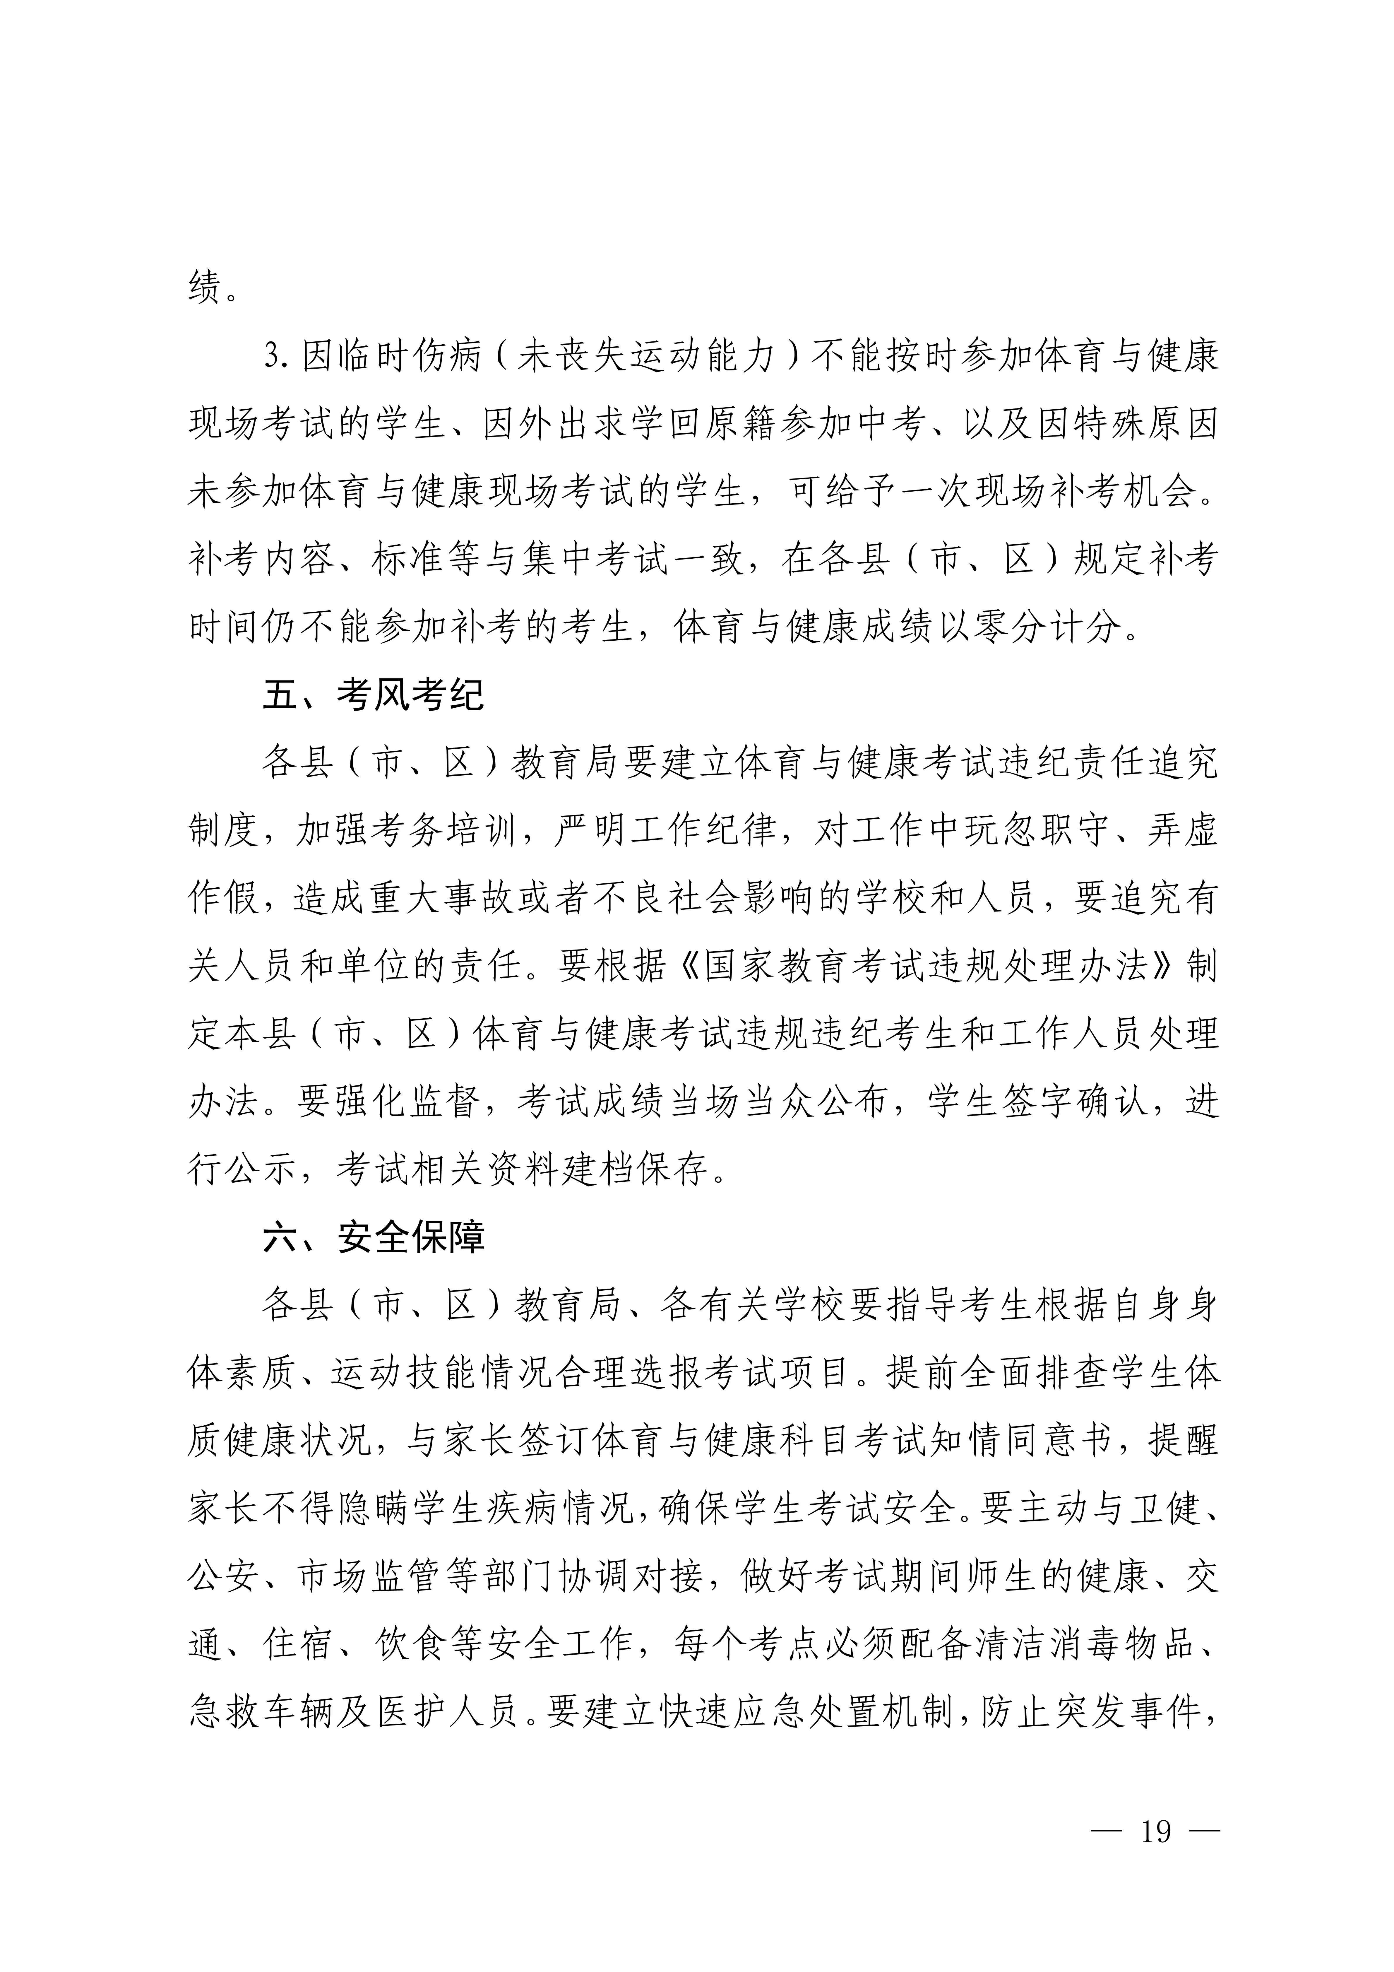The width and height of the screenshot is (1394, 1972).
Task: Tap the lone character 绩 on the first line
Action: point(203,286)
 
